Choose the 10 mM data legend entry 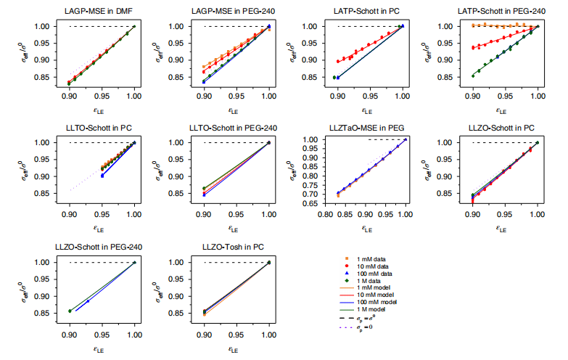click(378, 266)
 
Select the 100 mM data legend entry click(379, 274)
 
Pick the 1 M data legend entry click(375, 282)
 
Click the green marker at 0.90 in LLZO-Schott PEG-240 click(70, 311)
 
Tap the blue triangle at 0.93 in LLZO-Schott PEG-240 click(89, 301)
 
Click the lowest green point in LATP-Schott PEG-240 click(473, 75)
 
